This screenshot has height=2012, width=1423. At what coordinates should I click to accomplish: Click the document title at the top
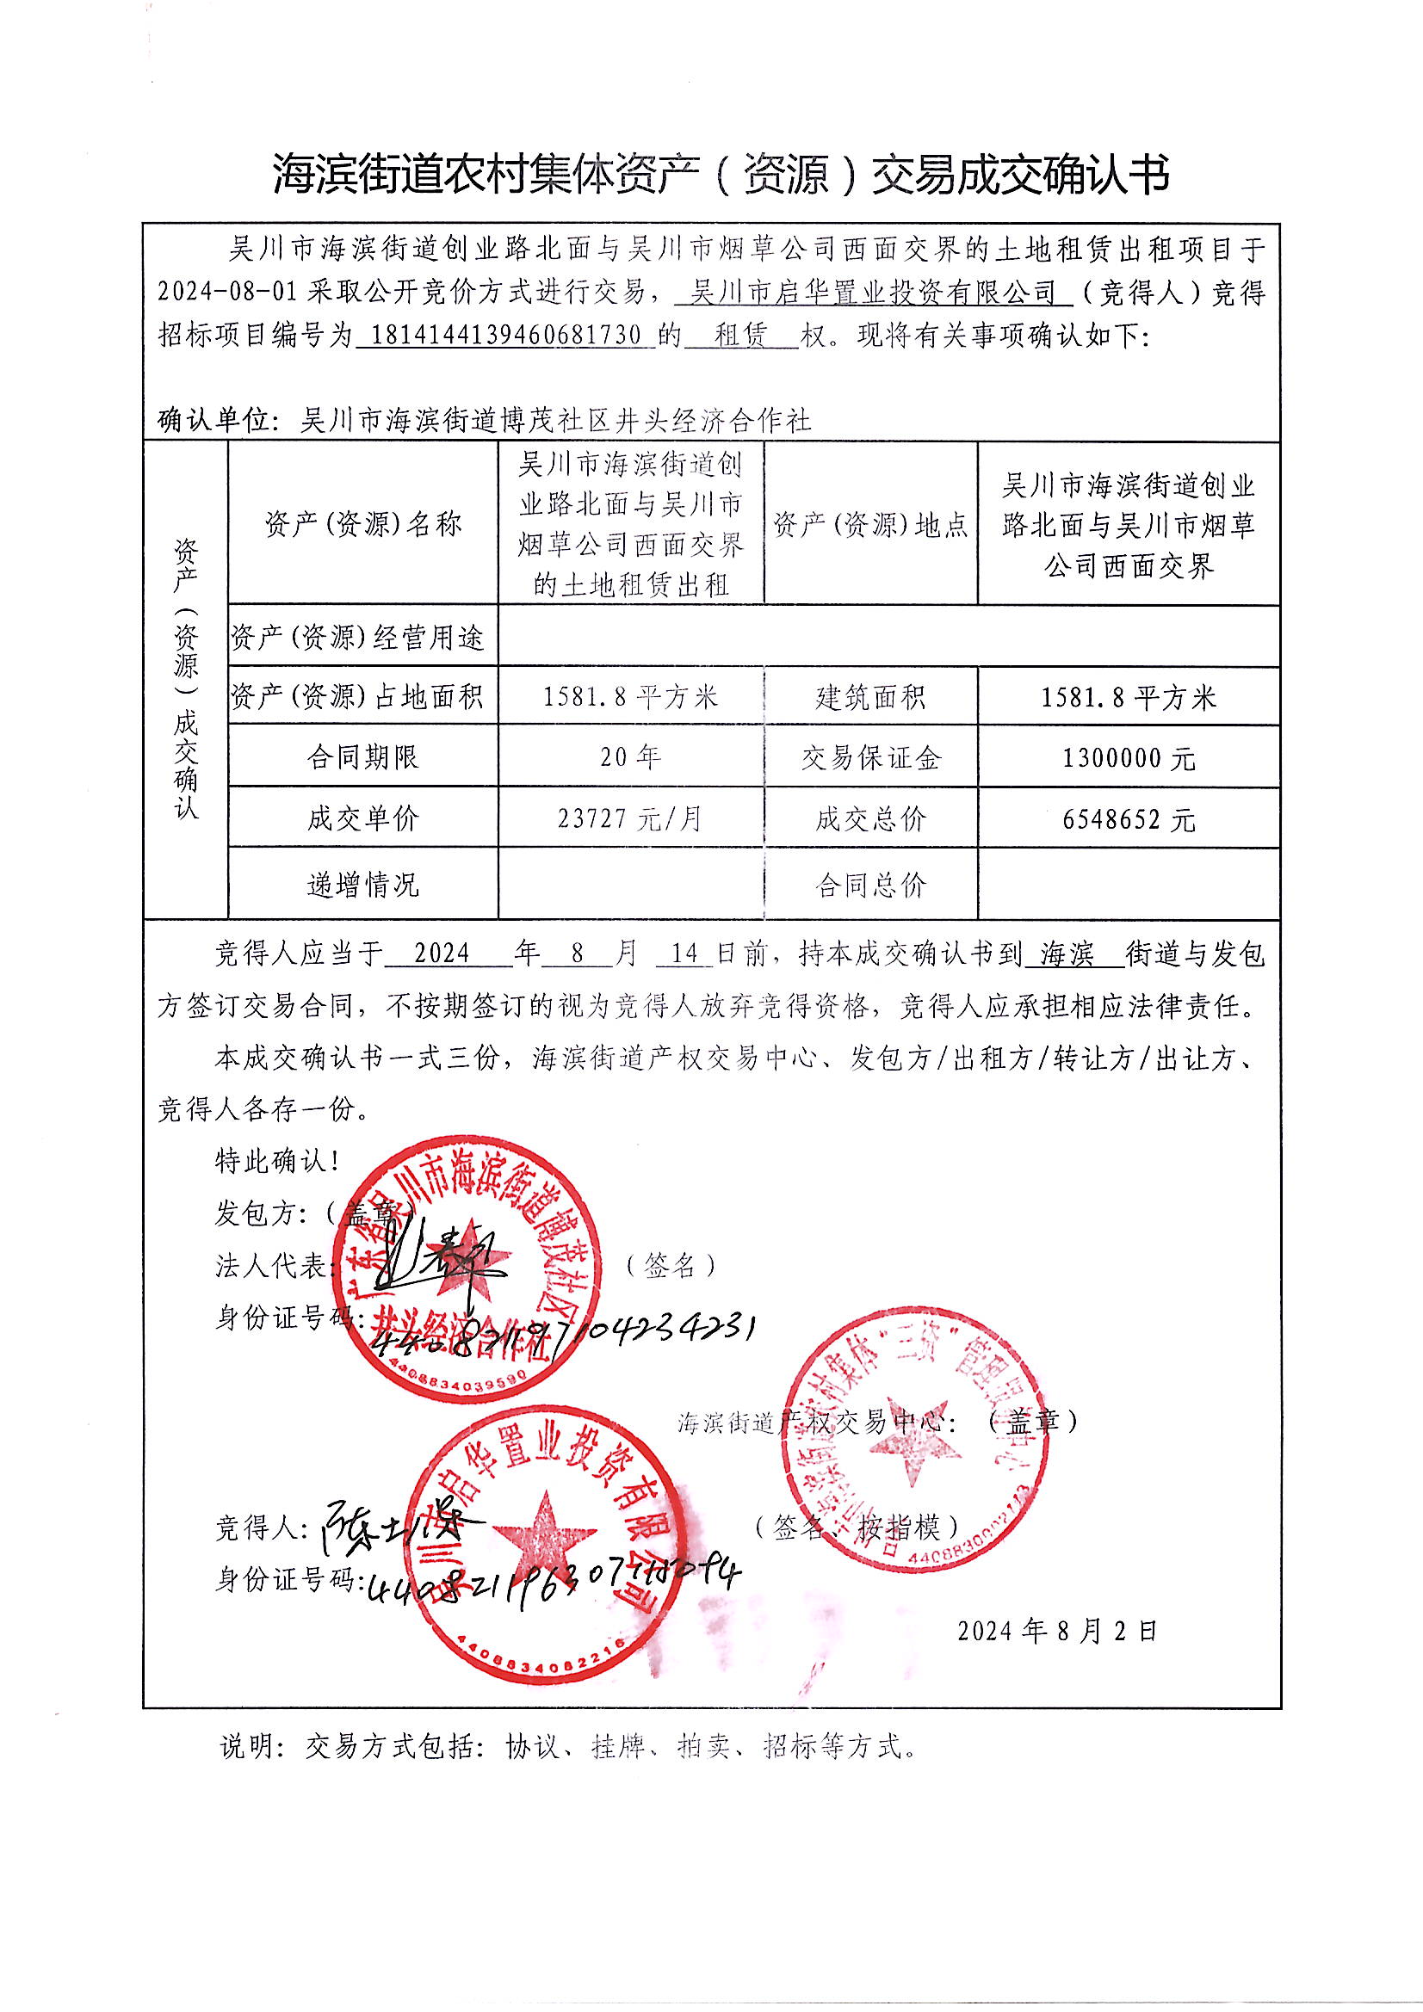tap(721, 174)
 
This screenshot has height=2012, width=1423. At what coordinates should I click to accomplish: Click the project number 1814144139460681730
tap(506, 336)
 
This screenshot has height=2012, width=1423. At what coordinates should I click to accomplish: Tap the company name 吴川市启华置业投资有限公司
tap(873, 293)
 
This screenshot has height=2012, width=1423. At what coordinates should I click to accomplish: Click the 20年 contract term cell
tap(629, 756)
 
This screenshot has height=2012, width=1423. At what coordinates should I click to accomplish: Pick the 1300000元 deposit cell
tap(1129, 758)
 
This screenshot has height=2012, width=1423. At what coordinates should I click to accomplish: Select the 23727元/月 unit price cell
tap(629, 818)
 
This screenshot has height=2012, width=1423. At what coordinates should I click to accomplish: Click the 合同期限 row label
tap(362, 757)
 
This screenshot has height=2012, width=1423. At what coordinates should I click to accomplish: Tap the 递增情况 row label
tap(362, 884)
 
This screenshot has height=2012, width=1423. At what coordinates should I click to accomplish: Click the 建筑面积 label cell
tap(869, 698)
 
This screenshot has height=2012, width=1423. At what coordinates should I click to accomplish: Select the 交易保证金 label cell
tap(869, 758)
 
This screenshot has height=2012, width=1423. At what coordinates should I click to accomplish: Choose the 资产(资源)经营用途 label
tap(358, 637)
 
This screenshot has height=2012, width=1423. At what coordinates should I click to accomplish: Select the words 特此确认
tap(277, 1162)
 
